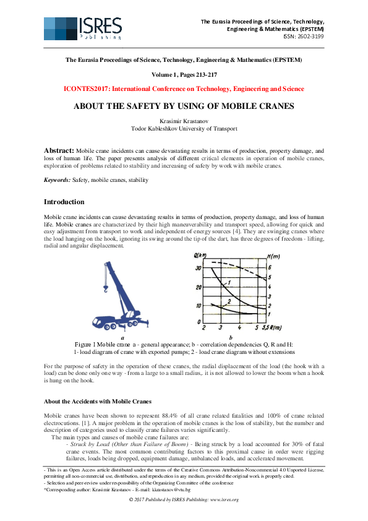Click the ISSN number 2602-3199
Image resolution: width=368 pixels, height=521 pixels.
click(x=311, y=36)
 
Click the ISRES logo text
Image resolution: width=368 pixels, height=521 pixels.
click(x=100, y=25)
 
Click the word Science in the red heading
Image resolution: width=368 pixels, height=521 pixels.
click(x=293, y=89)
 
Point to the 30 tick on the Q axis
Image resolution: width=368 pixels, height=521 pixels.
click(x=199, y=267)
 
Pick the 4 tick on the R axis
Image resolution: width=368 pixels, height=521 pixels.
click(x=239, y=327)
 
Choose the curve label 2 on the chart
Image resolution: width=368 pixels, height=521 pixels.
click(x=229, y=301)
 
